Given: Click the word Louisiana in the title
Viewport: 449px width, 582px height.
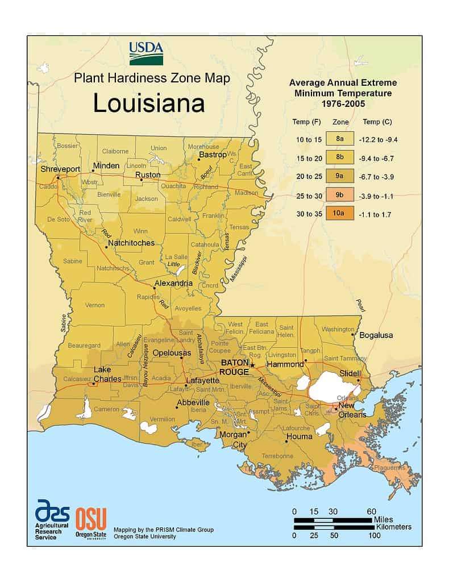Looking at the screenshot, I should click(149, 104).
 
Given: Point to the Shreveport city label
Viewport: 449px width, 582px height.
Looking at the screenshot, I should click(60, 169).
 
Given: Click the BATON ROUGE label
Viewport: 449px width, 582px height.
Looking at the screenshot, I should click(235, 367).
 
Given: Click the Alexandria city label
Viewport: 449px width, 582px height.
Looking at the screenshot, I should click(173, 283).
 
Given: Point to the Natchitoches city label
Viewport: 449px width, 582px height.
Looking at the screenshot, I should click(131, 243).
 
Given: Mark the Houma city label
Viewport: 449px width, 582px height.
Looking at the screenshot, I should click(300, 436).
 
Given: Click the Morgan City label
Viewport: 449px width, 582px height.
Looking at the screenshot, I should click(233, 440).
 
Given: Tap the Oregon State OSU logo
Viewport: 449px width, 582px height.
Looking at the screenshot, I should click(90, 521).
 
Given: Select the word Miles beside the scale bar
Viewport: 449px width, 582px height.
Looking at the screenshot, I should click(384, 519).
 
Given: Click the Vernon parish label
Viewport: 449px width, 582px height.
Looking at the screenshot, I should click(95, 305).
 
